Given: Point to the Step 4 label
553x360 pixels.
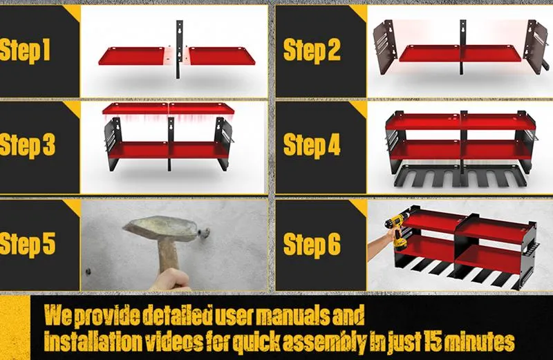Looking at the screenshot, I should [312, 146].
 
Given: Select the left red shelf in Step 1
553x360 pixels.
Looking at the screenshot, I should [135, 56].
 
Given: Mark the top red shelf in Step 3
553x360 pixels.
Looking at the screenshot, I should [169, 109].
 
